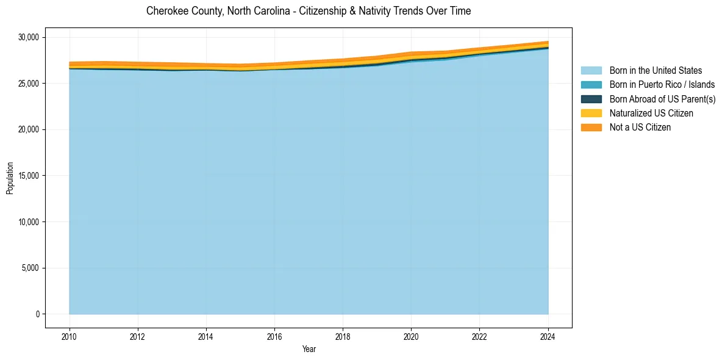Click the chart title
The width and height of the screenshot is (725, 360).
click(309, 11)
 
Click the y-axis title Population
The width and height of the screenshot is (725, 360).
click(10, 178)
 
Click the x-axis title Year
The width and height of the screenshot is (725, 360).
click(309, 349)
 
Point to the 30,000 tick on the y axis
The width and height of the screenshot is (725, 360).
click(28, 37)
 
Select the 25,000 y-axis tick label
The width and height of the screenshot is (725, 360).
click(28, 84)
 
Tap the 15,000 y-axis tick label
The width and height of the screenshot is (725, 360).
click(28, 176)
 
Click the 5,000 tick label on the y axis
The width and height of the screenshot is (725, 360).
click(30, 268)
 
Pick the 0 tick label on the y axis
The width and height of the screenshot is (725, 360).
click(37, 314)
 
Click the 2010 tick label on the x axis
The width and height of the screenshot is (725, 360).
click(70, 336)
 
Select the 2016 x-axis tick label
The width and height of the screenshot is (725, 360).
click(274, 336)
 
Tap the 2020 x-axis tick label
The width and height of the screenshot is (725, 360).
click(411, 336)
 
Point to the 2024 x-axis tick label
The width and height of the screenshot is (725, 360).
click(548, 336)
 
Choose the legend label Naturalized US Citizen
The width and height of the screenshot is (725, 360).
click(651, 113)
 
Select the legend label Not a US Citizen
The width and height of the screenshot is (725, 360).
click(640, 128)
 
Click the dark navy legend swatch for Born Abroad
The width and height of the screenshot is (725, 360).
click(591, 99)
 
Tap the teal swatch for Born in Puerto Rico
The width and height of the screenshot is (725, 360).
click(591, 85)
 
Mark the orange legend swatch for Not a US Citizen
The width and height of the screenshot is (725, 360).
click(591, 128)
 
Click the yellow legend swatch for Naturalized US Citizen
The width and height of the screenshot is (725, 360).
click(591, 113)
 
